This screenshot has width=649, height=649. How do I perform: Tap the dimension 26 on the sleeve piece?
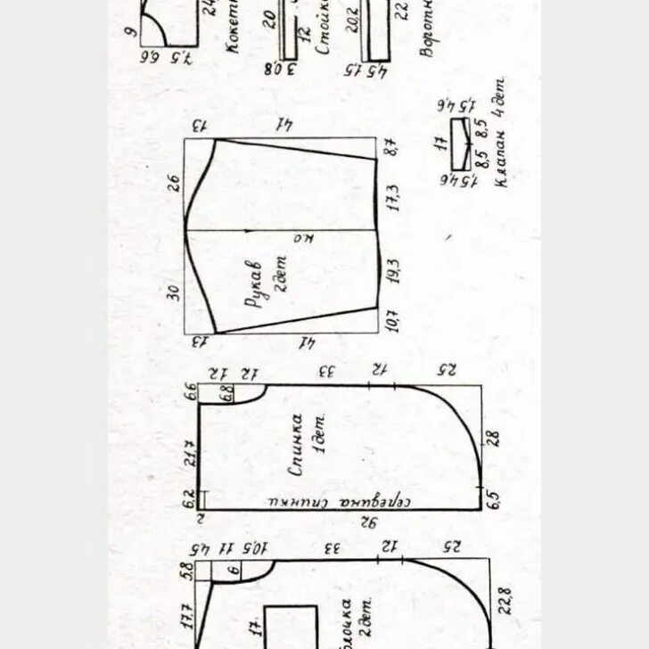tap(175, 185)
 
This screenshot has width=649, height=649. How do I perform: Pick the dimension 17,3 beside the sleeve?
tap(393, 198)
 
